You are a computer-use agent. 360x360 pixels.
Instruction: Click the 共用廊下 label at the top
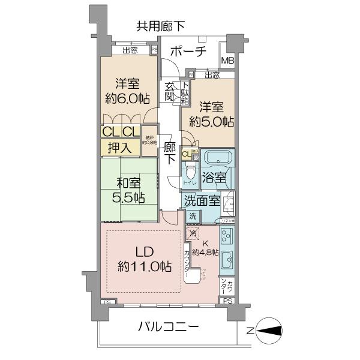click(x=161, y=26)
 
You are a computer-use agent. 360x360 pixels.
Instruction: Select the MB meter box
click(x=228, y=61)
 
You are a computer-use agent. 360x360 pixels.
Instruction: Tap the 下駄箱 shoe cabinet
click(x=185, y=92)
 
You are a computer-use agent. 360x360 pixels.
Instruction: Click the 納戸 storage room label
click(x=149, y=142)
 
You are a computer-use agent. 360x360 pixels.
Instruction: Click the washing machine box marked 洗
click(x=193, y=216)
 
